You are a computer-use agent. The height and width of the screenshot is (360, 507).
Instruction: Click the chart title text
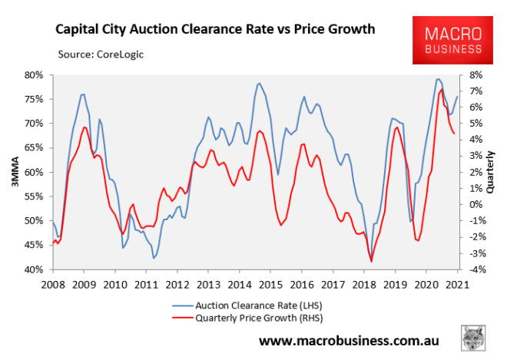click(214, 30)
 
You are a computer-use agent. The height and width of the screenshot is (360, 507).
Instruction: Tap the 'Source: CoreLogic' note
click(100, 54)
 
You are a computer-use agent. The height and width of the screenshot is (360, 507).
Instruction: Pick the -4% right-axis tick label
click(472, 270)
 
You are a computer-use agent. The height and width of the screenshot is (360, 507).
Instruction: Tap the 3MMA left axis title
click(13, 173)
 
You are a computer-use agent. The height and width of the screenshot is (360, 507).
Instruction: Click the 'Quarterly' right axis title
click(492, 173)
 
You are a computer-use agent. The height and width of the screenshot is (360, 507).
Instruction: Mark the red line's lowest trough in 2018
click(372, 262)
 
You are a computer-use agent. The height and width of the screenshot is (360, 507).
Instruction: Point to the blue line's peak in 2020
click(437, 79)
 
